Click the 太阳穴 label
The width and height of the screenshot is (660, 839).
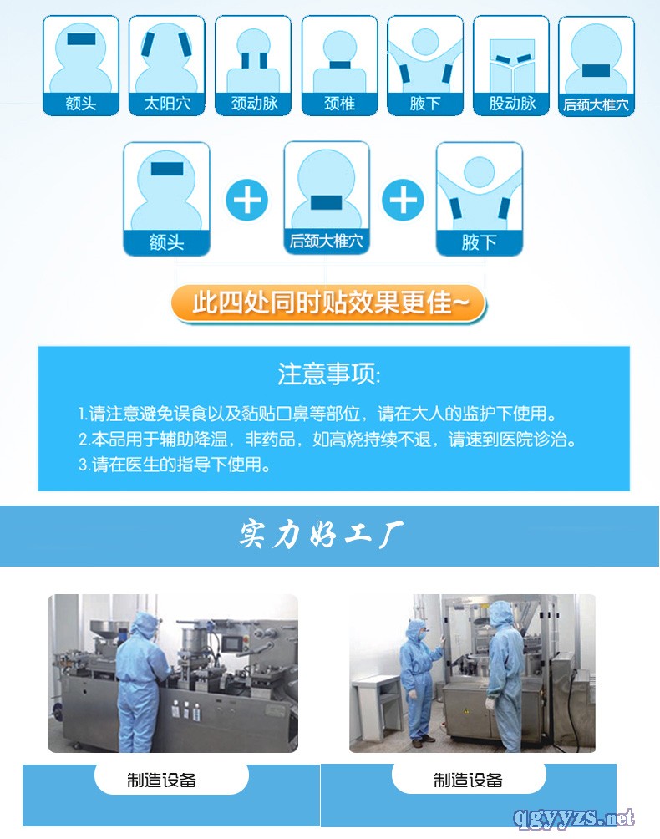pyautogui.click(x=167, y=103)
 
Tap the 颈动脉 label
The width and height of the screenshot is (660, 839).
pyautogui.click(x=254, y=103)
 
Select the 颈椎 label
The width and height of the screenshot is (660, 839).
pyautogui.click(x=340, y=103)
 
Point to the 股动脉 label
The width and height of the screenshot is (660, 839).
pyautogui.click(x=512, y=103)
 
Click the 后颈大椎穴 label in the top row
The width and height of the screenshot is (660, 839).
pyautogui.click(x=597, y=104)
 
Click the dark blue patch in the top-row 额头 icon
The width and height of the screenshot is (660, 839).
pyautogui.click(x=81, y=39)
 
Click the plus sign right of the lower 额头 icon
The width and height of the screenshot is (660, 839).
pyautogui.click(x=246, y=200)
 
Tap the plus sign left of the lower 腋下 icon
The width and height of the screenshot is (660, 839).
pyautogui.click(x=403, y=200)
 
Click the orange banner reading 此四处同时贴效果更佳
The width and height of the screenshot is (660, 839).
pyautogui.click(x=328, y=303)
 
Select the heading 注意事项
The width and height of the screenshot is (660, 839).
pyautogui.click(x=329, y=374)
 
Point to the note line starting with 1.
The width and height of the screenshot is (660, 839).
pyautogui.click(x=317, y=414)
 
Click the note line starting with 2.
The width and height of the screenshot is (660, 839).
pyautogui.click(x=327, y=440)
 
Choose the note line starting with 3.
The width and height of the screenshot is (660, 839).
pyautogui.click(x=175, y=465)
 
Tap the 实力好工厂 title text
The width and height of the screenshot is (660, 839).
pyautogui.click(x=321, y=535)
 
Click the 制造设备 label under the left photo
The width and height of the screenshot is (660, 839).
pyautogui.click(x=161, y=780)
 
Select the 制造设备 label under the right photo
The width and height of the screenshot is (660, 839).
pyautogui.click(x=468, y=780)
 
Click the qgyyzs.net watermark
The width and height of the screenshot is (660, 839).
pyautogui.click(x=574, y=817)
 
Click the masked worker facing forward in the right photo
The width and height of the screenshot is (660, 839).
pyautogui.click(x=420, y=682)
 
